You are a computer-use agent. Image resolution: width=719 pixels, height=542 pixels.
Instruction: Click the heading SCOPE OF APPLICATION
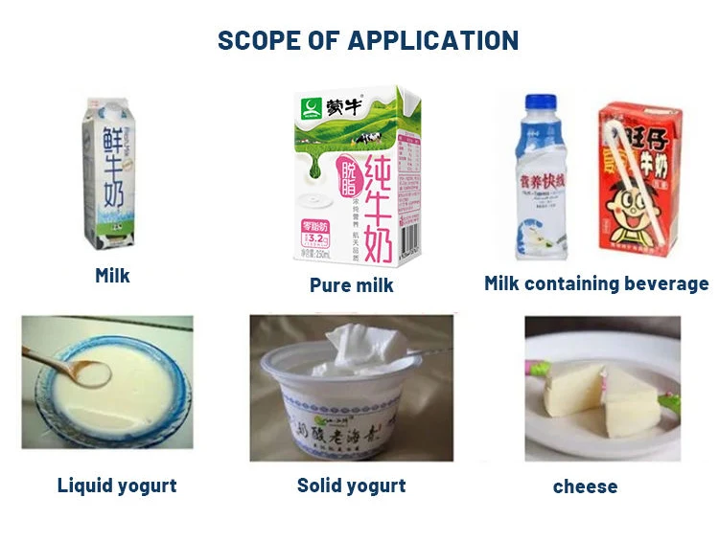click(x=368, y=40)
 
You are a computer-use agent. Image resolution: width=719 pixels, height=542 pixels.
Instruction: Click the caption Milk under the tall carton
click(x=112, y=276)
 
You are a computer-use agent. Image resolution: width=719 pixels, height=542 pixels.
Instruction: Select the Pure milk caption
click(x=351, y=284)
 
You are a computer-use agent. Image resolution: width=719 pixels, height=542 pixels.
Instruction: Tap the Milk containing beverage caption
click(x=596, y=282)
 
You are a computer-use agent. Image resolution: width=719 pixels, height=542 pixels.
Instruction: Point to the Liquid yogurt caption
click(x=117, y=486)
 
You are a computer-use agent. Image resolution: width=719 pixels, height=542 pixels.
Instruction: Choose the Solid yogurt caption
click(x=351, y=486)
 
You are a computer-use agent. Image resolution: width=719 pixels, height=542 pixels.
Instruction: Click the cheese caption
click(x=585, y=486)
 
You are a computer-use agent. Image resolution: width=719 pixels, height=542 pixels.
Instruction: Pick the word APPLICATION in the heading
click(x=431, y=40)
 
